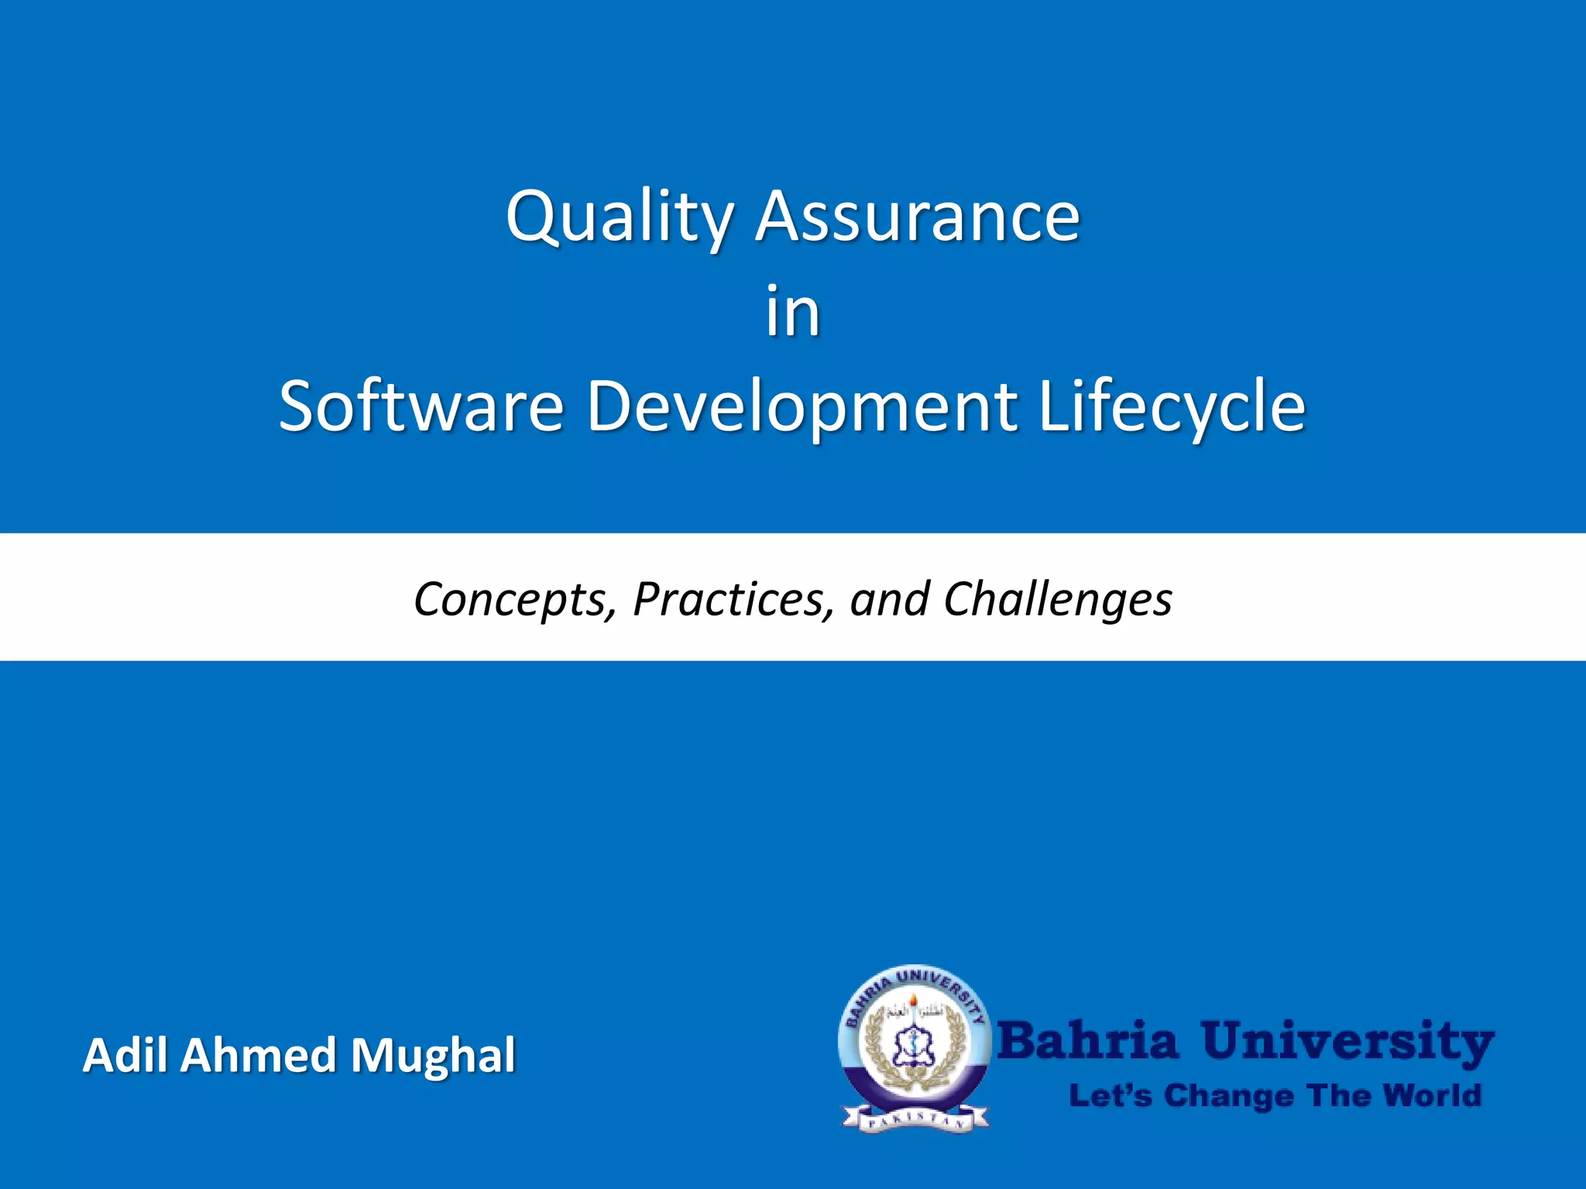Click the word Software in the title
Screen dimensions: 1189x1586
tap(421, 406)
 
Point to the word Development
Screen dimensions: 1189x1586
tap(802, 406)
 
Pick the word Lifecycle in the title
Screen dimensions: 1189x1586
tap(1172, 406)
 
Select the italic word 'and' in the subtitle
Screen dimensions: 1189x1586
tap(889, 599)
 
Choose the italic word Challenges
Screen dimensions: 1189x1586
tap(1058, 599)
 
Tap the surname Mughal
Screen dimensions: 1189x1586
tap(433, 1055)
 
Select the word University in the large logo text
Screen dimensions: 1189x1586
tap(1347, 1042)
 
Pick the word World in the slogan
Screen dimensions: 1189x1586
tap(1432, 1096)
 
